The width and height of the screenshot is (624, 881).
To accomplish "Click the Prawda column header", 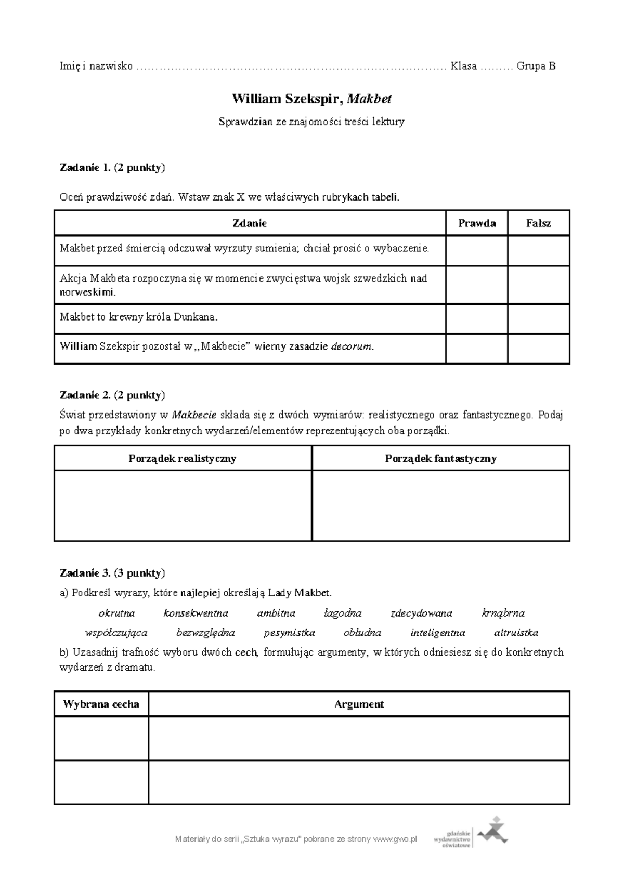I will (476, 223).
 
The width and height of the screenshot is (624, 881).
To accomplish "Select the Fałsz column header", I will (538, 223).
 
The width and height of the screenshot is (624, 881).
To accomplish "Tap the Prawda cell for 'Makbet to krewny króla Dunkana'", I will (476, 318).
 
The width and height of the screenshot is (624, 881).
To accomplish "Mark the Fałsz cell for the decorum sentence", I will (538, 348).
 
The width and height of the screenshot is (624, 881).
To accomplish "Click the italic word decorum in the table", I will (352, 346).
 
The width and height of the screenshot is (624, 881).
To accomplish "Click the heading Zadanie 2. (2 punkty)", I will (112, 395).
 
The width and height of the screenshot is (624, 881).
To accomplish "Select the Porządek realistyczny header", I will (183, 458).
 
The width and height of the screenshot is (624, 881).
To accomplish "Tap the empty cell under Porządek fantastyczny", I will (440, 505).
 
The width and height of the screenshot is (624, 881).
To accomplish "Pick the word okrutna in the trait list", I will (116, 613).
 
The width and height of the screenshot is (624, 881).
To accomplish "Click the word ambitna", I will (276, 613).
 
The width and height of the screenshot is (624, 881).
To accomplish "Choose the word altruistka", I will (516, 633).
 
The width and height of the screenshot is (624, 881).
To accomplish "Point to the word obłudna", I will (362, 633).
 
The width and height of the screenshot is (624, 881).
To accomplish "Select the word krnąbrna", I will (503, 613).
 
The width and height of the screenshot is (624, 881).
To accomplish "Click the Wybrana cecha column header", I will (101, 704).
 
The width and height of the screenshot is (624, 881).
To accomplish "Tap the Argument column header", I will (359, 704).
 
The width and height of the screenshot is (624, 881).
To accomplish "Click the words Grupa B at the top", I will (536, 66).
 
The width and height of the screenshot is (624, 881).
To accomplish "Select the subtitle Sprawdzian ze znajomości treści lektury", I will (311, 122).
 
